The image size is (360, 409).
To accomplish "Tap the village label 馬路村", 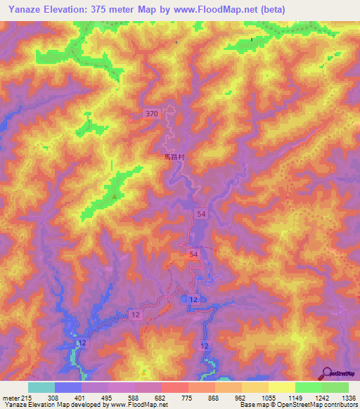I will click(x=174, y=157).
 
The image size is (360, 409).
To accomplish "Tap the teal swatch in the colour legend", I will click(x=41, y=387).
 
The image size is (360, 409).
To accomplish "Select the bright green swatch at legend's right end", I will click(x=335, y=387).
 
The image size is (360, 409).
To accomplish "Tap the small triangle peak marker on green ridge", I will click(x=113, y=197).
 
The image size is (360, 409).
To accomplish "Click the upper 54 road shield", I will click(x=202, y=214).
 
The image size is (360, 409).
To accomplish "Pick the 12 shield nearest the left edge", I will click(x=83, y=342).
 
